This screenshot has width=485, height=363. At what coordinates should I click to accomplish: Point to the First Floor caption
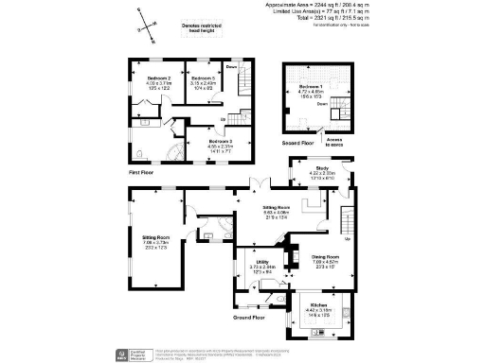142,174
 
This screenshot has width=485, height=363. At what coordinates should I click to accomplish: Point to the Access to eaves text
335,142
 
